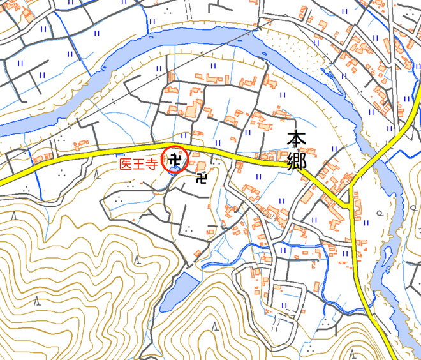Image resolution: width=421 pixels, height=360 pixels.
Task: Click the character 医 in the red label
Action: pyautogui.click(x=126, y=164)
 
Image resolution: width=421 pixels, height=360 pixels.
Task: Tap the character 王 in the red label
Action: pyautogui.click(x=139, y=164)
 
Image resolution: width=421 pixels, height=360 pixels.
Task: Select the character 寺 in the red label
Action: pyautogui.click(x=152, y=164)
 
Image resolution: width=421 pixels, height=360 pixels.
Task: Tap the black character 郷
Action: pyautogui.click(x=297, y=160)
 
